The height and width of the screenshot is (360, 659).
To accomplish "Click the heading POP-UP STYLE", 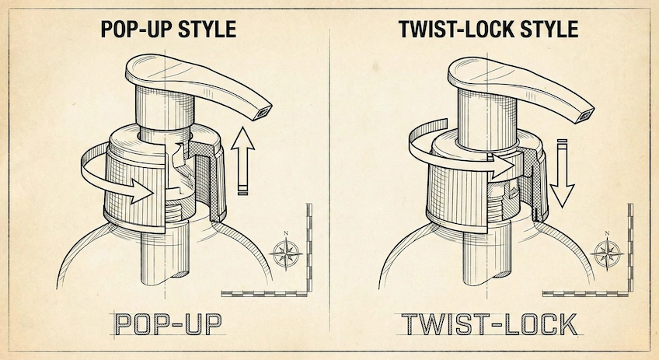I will point(169,30).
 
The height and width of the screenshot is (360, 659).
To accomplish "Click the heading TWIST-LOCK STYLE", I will point(488,30).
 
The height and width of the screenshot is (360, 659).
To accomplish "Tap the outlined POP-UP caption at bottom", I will point(165,325).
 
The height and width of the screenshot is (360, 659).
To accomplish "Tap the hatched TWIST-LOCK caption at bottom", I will point(488,325).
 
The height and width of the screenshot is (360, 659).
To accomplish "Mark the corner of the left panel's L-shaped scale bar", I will point(308,293).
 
